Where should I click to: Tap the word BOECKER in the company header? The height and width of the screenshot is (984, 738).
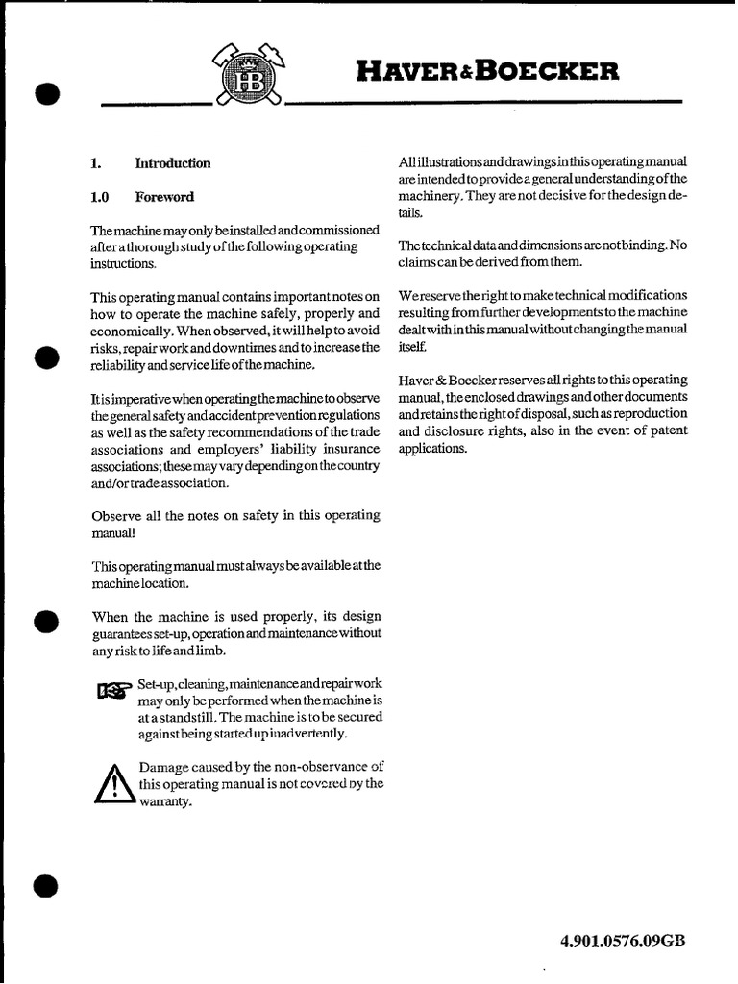tap(560, 72)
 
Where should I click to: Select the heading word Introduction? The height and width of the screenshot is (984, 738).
tap(173, 163)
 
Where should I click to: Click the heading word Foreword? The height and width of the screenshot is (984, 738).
tap(164, 197)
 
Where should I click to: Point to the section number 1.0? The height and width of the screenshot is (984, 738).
tap(99, 197)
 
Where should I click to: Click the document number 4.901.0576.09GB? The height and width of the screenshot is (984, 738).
tap(623, 941)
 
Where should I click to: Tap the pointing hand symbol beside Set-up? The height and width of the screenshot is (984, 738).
tap(114, 690)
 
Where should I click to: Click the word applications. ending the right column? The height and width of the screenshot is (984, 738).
tap(430, 449)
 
